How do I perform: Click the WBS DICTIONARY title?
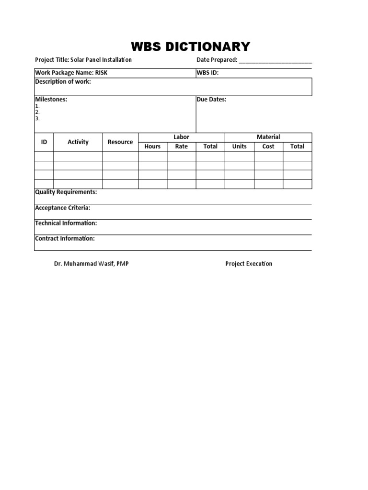tap(191, 46)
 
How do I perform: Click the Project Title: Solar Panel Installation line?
tap(83, 60)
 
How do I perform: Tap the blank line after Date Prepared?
tap(275, 61)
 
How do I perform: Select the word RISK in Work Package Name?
tap(101, 73)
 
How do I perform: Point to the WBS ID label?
tap(207, 73)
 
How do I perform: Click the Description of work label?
tap(63, 82)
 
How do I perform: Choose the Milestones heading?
tap(51, 100)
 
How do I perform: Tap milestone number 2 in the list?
tap(37, 112)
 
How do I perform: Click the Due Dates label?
tap(211, 100)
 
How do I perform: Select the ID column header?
tap(44, 142)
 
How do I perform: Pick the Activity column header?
tap(78, 142)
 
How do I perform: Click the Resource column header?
tap(120, 142)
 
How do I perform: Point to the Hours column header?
tap(152, 146)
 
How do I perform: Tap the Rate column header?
tap(181, 146)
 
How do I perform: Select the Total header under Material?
tap(297, 146)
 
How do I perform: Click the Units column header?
tap(239, 146)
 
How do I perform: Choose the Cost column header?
tap(268, 146)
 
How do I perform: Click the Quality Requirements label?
tap(66, 192)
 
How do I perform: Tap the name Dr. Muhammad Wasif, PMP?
tap(91, 264)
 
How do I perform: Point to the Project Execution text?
tap(249, 264)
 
